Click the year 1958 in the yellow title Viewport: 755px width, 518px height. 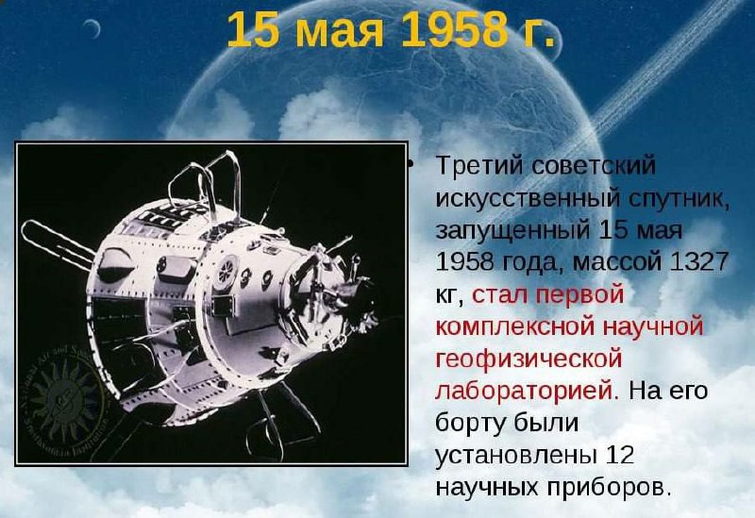coord(451,30)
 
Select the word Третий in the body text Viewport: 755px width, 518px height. coord(480,166)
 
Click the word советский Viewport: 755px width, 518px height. coord(594,166)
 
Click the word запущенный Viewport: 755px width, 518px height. coord(512,231)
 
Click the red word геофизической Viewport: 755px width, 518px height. coord(528,359)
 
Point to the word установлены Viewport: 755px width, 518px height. coord(514,456)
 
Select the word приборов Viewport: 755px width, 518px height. coord(609,488)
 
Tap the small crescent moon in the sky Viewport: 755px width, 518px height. coord(92,29)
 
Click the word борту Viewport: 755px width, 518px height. coord(468,424)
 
